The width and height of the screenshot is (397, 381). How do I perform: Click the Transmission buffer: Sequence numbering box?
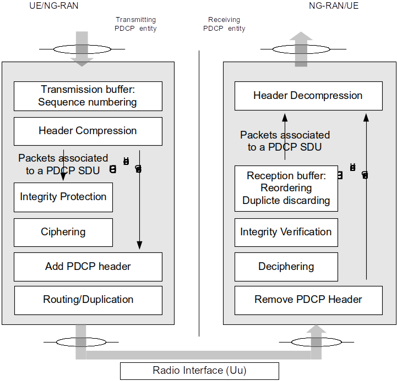[88, 96]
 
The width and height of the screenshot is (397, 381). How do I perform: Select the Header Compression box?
[88, 131]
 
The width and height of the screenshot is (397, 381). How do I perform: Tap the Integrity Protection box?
[63, 197]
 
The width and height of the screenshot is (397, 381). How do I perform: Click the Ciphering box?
[63, 232]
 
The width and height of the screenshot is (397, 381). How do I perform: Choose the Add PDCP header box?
[88, 267]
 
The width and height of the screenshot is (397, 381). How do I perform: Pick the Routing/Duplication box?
[88, 300]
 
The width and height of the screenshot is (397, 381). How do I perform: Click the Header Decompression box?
[308, 96]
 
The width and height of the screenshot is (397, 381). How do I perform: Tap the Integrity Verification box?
[286, 232]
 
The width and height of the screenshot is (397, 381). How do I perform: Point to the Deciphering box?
[286, 267]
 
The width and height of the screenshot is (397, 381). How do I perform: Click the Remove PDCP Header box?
[308, 300]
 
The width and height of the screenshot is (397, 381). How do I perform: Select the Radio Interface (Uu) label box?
[199, 371]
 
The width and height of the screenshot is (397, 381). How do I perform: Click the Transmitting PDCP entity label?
[135, 24]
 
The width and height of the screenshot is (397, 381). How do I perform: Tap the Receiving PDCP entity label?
[224, 24]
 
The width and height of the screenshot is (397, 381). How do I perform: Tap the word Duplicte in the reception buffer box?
[258, 201]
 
